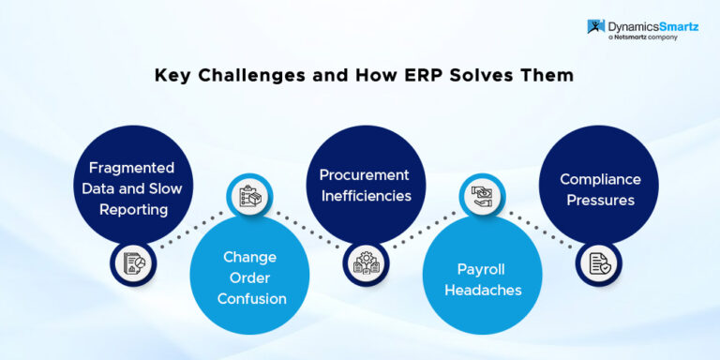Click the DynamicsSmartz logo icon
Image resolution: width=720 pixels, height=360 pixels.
[596, 28]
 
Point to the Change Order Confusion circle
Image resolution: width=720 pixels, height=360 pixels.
[251, 276]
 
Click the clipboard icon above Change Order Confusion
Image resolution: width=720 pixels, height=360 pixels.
[250, 196]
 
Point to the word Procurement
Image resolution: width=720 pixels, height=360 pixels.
[365, 175]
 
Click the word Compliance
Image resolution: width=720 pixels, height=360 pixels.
[600, 179]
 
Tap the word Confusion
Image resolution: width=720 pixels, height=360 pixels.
[251, 298]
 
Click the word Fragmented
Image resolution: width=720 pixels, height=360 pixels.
[131, 168]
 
